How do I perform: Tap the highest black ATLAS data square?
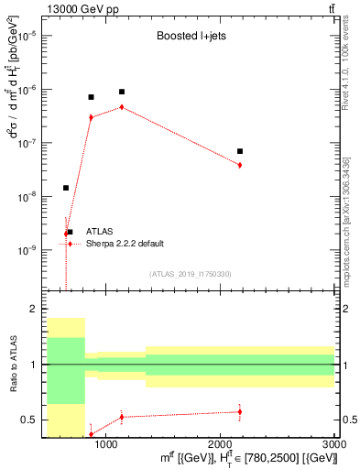coord(122,92)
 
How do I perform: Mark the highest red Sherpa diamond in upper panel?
coord(122,107)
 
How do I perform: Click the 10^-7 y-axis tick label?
coord(31,143)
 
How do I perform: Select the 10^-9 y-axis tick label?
coord(31,250)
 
